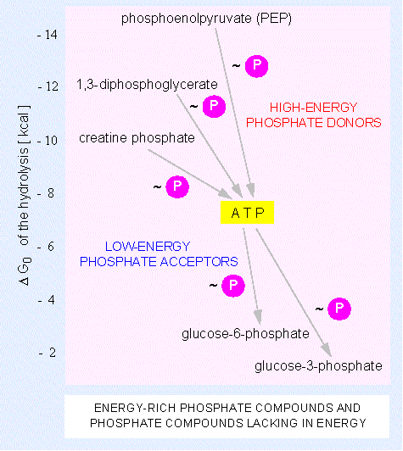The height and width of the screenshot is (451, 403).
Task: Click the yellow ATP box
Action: tap(247, 212)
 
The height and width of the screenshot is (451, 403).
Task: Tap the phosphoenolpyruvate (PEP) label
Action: tap(206, 19)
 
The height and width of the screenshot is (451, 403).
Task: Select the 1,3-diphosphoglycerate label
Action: tap(147, 85)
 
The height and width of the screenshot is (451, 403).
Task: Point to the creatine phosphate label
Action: tap(137, 138)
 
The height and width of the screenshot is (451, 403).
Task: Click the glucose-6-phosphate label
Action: tap(245, 334)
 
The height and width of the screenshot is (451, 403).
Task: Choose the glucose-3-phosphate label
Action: tap(318, 366)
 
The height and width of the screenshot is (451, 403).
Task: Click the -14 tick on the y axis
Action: tap(48, 35)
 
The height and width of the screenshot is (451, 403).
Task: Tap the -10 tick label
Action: tap(48, 141)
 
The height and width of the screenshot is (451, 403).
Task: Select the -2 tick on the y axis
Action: tap(48, 353)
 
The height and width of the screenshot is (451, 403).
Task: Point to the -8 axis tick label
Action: tap(46, 193)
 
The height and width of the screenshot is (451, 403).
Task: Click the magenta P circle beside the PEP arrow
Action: tap(256, 66)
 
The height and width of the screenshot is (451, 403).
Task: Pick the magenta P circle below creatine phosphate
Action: tap(177, 187)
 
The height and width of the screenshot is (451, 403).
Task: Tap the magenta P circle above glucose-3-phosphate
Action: tap(339, 309)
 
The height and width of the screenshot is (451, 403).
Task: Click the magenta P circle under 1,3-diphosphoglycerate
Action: tap(214, 107)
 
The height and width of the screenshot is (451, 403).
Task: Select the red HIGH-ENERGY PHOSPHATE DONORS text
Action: tap(313, 115)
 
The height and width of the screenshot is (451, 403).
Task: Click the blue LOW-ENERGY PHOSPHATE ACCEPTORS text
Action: tap(159, 254)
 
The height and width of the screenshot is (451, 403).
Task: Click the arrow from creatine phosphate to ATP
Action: tap(190, 174)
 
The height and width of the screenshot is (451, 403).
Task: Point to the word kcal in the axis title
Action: tap(24, 125)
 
